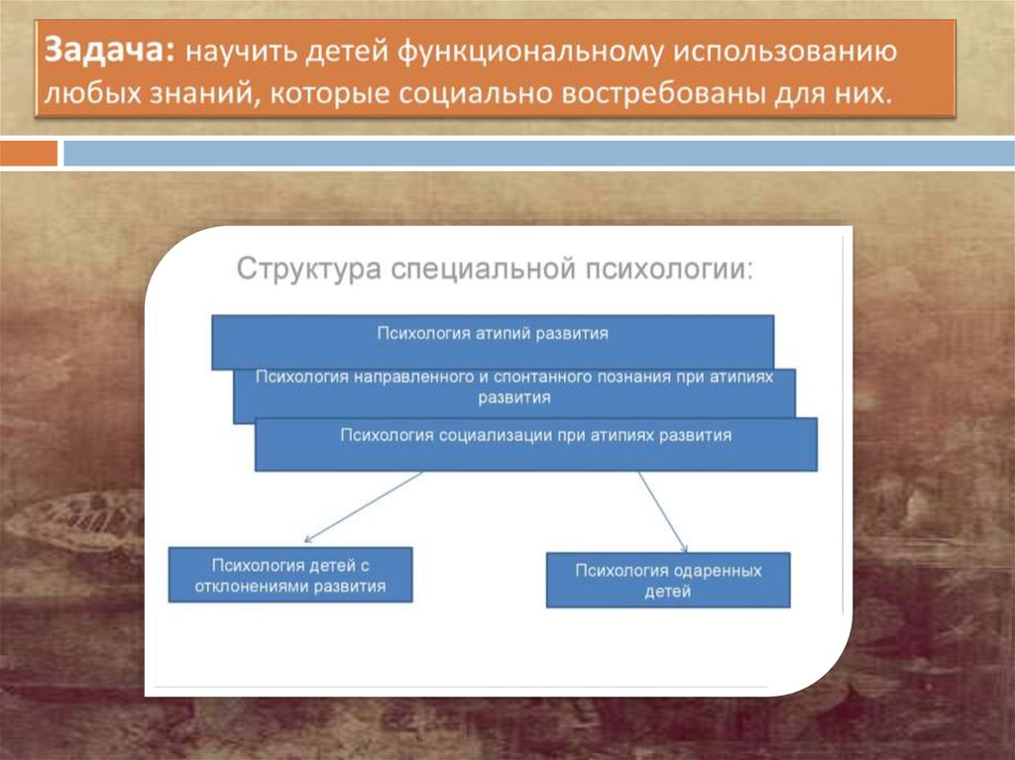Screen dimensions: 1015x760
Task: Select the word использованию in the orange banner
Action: tap(785, 52)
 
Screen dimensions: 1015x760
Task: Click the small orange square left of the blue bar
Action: tap(29, 154)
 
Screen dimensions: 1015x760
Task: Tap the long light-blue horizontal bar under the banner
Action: tap(538, 154)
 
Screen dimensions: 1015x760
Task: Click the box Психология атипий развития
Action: tap(493, 341)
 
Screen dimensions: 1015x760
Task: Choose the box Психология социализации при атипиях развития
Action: tap(536, 444)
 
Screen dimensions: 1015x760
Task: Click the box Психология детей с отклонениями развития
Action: tap(290, 575)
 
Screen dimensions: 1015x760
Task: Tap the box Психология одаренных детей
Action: tap(668, 580)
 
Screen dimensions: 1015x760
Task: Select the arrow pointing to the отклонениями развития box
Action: tap(363, 507)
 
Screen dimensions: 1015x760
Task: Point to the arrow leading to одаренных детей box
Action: tap(663, 512)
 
